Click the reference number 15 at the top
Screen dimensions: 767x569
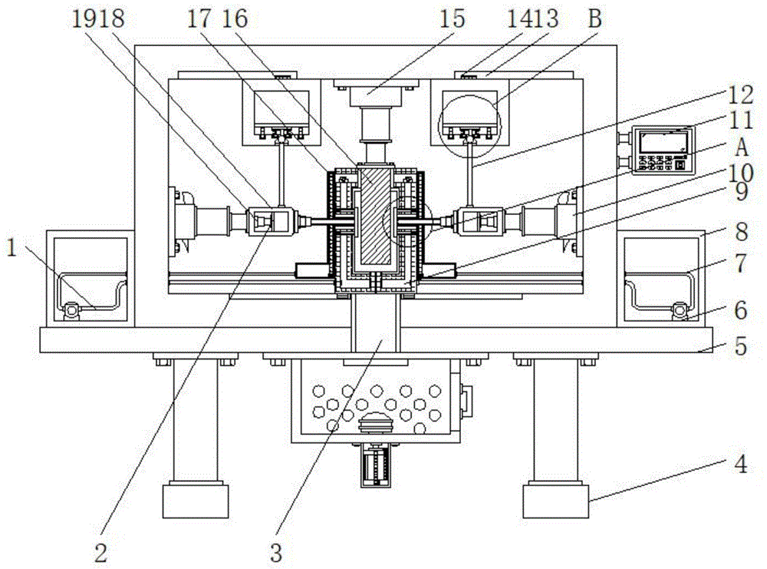pyautogui.click(x=452, y=19)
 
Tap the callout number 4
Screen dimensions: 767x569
pyautogui.click(x=741, y=465)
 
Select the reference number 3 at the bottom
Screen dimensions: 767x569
pyautogui.click(x=276, y=553)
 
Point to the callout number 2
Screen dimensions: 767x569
pyautogui.click(x=100, y=554)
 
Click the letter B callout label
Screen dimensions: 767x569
pyautogui.click(x=594, y=18)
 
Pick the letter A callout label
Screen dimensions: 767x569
pyautogui.click(x=742, y=147)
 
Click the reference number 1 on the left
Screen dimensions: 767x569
pyautogui.click(x=12, y=248)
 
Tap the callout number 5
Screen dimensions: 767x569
pyautogui.click(x=741, y=346)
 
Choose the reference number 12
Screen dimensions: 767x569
pyautogui.click(x=741, y=94)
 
